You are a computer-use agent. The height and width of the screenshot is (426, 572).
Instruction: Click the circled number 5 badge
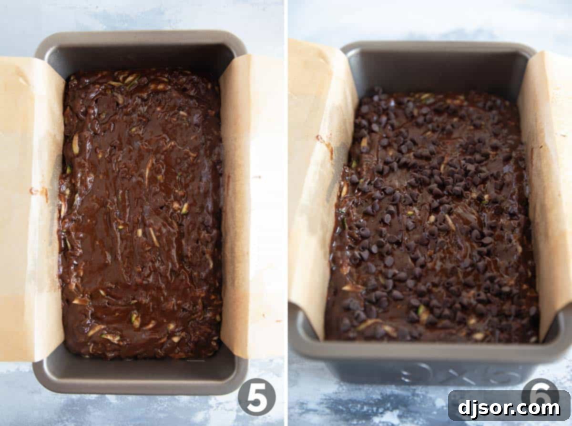point(256,396)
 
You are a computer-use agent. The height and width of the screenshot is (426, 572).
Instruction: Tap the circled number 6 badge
point(540,391)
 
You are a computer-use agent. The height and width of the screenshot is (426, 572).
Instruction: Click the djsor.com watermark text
point(509,408)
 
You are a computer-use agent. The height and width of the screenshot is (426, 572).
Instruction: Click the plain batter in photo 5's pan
point(141,214)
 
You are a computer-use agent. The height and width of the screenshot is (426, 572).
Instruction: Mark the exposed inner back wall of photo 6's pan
point(439,71)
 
